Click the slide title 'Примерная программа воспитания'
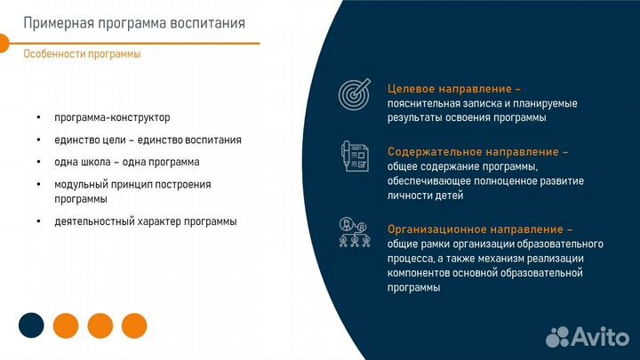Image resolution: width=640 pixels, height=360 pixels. (133, 22)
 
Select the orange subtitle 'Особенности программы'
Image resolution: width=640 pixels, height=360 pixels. (82, 53)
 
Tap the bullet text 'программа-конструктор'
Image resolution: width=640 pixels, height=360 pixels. (111, 117)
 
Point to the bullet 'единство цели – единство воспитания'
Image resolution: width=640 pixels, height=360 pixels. (147, 140)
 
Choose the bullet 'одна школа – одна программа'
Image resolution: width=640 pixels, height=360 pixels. (126, 162)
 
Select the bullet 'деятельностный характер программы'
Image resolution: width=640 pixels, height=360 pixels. (145, 221)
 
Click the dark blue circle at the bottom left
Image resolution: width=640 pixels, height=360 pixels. (32, 325)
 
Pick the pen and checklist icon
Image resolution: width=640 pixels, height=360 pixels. (355, 156)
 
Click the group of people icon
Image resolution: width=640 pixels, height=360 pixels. (355, 233)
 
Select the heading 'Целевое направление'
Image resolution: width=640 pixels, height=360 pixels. (453, 89)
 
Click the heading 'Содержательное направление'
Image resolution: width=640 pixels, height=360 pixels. (477, 152)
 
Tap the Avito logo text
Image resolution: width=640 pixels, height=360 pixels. (603, 336)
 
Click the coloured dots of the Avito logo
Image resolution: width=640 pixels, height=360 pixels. (558, 336)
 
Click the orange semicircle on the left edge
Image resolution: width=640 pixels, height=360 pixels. (4, 43)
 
